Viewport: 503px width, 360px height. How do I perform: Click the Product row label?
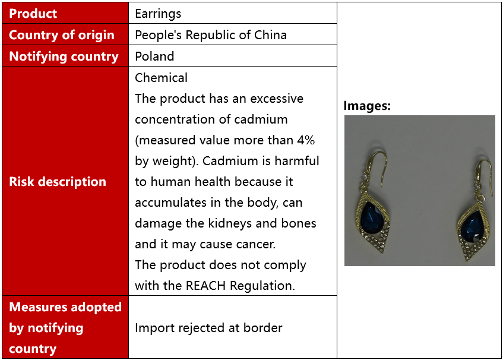click(33, 14)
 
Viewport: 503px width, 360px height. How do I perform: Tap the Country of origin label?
click(62, 35)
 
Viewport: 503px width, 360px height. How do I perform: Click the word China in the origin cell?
click(270, 35)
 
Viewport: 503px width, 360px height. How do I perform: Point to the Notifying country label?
click(64, 56)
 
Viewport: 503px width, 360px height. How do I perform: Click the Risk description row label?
click(58, 182)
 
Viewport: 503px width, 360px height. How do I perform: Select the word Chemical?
click(161, 78)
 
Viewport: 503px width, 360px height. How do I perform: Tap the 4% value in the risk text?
click(306, 140)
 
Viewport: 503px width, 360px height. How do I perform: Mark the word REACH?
click(205, 286)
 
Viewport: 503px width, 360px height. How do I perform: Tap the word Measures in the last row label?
click(38, 307)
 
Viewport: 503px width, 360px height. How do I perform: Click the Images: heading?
click(367, 106)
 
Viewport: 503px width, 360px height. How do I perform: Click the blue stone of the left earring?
click(372, 218)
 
